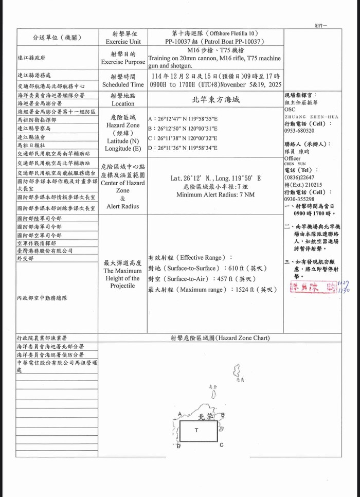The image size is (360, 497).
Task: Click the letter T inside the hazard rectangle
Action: [196, 430]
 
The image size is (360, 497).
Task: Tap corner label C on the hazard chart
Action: [222, 445]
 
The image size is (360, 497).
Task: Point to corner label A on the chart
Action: [179, 414]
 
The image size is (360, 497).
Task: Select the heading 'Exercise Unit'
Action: [123, 41]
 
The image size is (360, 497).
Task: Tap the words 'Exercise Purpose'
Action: [123, 62]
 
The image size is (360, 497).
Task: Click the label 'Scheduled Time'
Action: [123, 84]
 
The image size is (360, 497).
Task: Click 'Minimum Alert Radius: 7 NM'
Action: [215, 195]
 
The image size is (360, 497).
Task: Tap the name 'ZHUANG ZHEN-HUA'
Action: [311, 117]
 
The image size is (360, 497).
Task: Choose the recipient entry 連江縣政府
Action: [31, 58]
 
